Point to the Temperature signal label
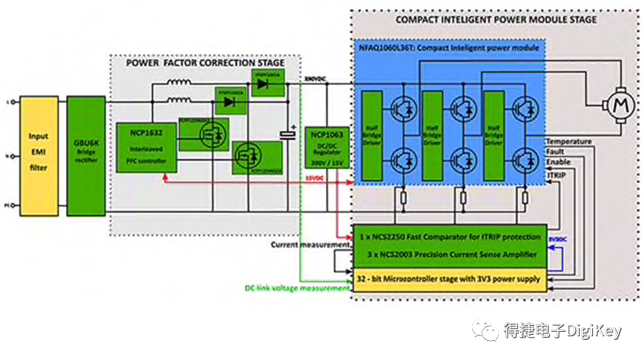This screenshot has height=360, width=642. tap(569, 141)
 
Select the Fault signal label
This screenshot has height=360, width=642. tap(556, 151)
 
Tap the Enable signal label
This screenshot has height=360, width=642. tap(559, 162)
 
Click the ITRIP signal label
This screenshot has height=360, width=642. tap(557, 174)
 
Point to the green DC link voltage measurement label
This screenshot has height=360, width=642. tap(297, 288)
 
